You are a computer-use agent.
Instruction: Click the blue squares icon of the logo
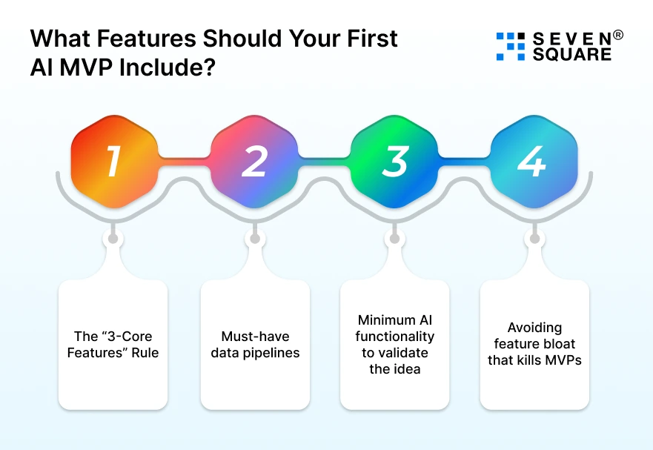click(510, 46)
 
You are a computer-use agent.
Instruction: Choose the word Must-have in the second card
click(255, 337)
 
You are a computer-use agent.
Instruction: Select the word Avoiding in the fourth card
click(534, 328)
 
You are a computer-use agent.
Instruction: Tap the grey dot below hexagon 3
click(394, 238)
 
